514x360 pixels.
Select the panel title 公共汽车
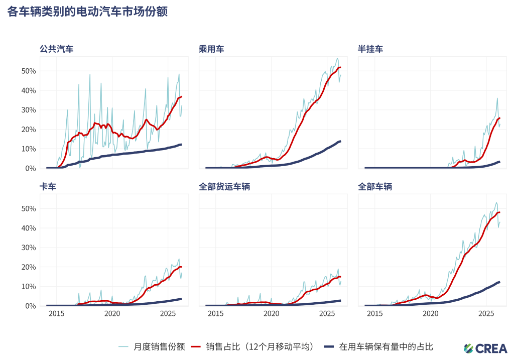(x=57, y=49)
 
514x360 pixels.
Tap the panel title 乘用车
(x=211, y=49)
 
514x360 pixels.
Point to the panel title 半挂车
(x=370, y=49)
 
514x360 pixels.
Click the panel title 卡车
(x=48, y=187)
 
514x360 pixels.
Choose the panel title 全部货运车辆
(x=224, y=187)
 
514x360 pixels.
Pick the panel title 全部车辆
(x=375, y=187)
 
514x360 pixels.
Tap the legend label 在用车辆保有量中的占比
(x=385, y=346)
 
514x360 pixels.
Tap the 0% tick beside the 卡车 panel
(x=31, y=306)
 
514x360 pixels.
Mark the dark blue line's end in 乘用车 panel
(x=340, y=141)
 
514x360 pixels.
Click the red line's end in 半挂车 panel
(x=499, y=118)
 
